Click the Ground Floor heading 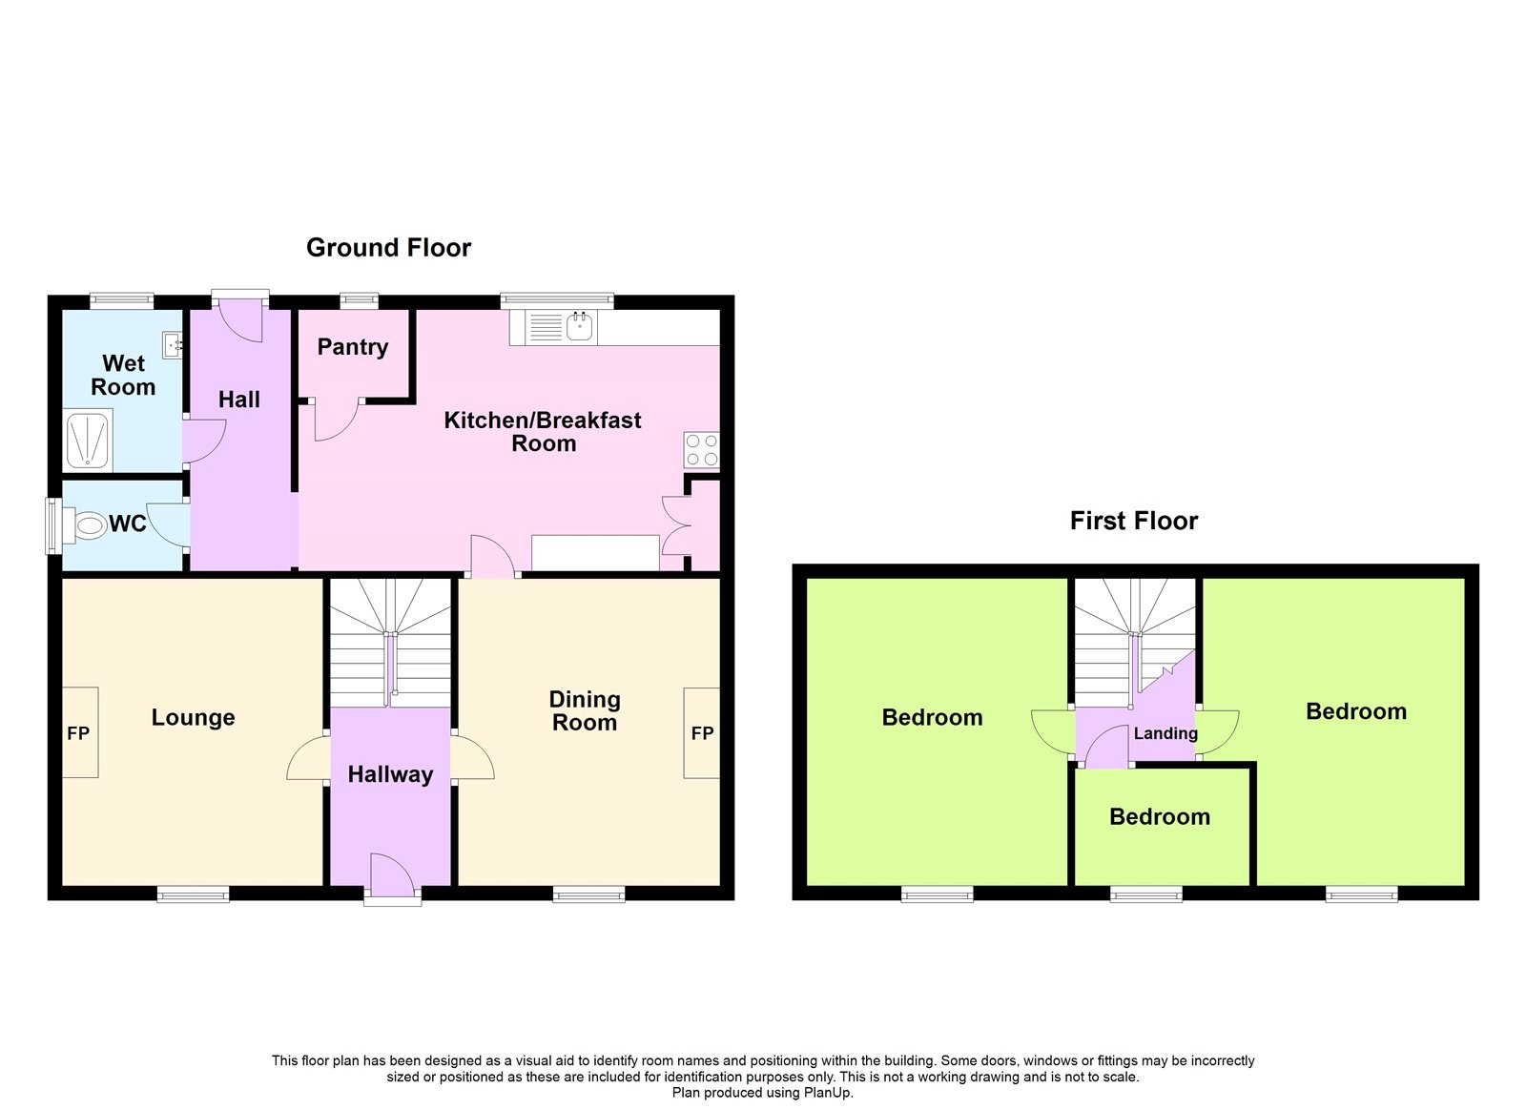tap(388, 247)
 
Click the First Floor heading tap(1134, 521)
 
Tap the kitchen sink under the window tap(578, 326)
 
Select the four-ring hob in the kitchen tap(702, 449)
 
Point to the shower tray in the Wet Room tap(88, 440)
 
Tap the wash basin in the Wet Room tap(173, 345)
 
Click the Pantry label tap(353, 347)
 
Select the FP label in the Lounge tap(78, 733)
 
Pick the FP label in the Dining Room tap(702, 733)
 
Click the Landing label tap(1165, 733)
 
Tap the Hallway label tap(390, 774)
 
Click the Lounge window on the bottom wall tap(194, 893)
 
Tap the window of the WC tap(53, 525)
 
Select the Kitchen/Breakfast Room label tap(543, 432)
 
